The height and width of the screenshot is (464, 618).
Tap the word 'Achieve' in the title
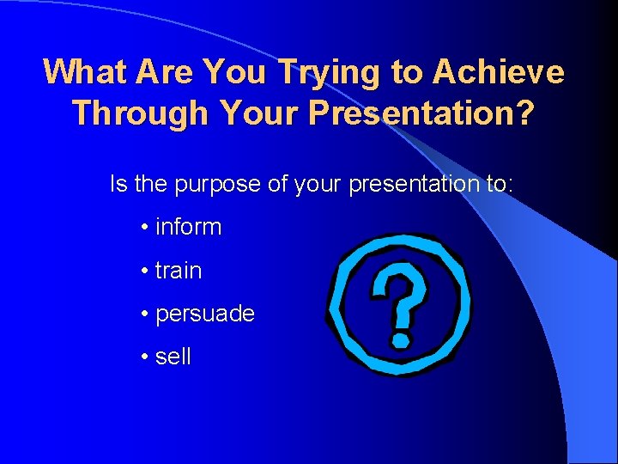pos(499,73)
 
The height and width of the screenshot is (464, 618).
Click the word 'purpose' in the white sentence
pos(218,184)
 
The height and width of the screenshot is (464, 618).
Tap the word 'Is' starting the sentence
pos(118,184)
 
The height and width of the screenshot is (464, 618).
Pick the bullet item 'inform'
pos(188,228)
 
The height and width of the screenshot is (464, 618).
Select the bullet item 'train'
pos(179,271)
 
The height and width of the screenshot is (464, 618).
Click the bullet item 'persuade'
pos(204,314)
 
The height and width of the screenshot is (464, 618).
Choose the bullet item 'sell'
pos(173,357)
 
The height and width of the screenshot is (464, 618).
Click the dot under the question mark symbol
pos(399,340)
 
